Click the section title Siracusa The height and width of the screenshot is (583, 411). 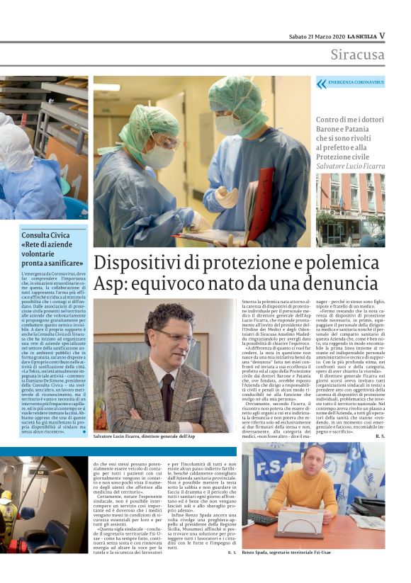(x=357, y=55)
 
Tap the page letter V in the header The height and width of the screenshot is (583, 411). (x=382, y=35)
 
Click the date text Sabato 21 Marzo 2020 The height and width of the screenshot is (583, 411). (x=316, y=36)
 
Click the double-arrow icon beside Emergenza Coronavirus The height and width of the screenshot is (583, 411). (x=322, y=83)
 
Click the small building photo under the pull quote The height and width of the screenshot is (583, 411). (x=350, y=209)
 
